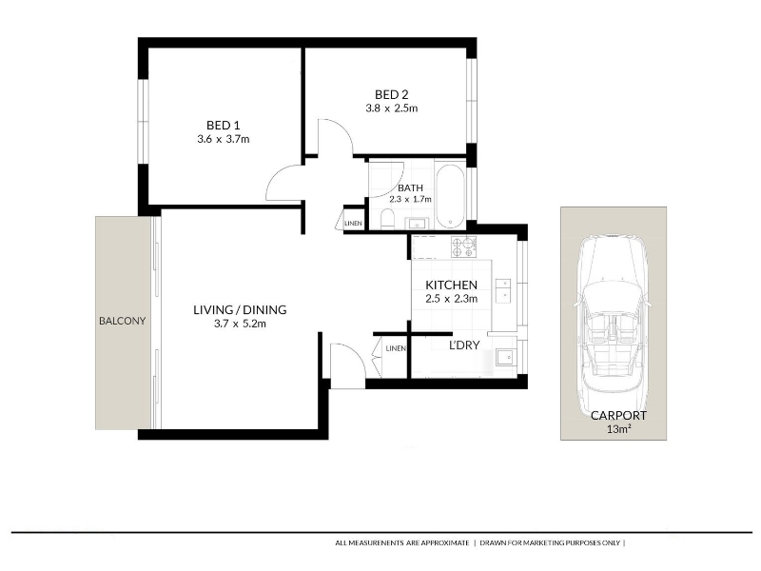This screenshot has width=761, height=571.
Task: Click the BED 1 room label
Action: [x=224, y=126]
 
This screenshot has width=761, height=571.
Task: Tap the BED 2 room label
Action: [x=392, y=94]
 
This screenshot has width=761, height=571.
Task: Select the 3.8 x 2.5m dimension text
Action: [x=392, y=108]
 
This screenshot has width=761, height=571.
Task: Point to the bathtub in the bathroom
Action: [x=450, y=197]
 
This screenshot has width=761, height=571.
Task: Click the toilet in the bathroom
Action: [x=387, y=220]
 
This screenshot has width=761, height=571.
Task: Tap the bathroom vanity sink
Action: [x=416, y=224]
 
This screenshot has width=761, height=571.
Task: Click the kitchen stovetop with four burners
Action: [x=463, y=246]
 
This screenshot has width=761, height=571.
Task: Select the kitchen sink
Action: [x=503, y=290]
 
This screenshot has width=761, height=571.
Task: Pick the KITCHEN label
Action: [x=451, y=285]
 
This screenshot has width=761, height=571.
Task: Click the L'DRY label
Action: [x=464, y=345]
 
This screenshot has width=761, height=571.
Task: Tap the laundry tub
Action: [x=505, y=358]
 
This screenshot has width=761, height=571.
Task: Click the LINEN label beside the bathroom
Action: [x=353, y=224]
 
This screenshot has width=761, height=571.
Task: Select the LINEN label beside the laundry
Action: [x=396, y=348]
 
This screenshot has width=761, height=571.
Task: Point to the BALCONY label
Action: [x=123, y=321]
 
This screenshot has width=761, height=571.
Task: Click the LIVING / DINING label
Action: [x=240, y=310]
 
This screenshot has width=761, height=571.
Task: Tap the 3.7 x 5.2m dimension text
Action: [x=240, y=324]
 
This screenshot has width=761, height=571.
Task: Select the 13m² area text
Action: [x=619, y=429]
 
